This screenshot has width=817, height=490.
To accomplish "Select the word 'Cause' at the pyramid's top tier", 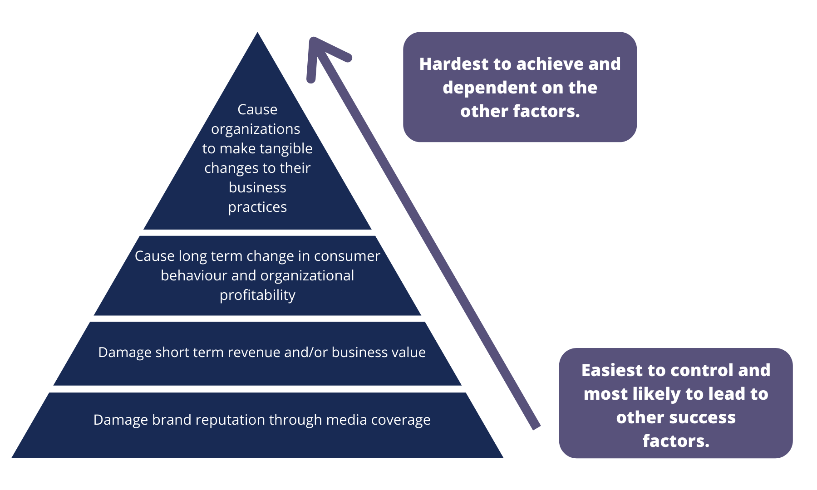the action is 257,109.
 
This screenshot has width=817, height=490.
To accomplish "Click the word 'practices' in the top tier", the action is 257,207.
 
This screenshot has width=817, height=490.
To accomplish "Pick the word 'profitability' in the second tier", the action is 257,295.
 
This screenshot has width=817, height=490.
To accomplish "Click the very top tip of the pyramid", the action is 257,32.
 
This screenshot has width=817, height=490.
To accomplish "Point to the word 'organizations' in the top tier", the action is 256,129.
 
